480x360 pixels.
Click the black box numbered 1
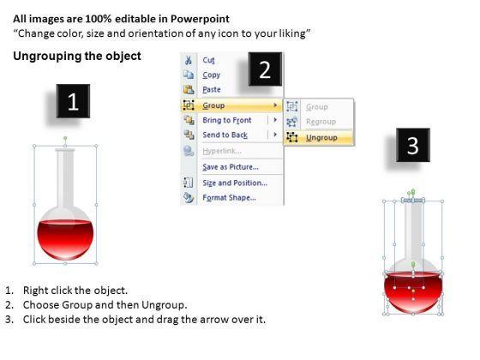point(73,101)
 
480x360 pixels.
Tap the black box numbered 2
point(265,69)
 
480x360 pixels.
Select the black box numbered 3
point(413,145)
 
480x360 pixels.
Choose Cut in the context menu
point(209,60)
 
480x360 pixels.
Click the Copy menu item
point(211,75)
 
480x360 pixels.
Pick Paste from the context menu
point(212,89)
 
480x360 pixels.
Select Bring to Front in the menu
point(227,120)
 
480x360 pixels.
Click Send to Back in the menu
point(225,135)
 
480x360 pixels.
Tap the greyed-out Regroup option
point(321,122)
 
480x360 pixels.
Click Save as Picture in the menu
point(231,167)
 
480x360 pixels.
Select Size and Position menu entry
point(235,183)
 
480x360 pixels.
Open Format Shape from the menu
point(230,198)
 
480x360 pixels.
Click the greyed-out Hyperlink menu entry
point(222,151)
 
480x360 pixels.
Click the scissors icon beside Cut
point(189,60)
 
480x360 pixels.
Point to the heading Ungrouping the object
point(77,57)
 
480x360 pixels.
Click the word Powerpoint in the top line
point(200,19)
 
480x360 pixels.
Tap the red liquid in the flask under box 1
point(65,240)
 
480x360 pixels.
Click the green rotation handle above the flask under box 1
point(65,138)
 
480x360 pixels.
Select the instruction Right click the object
point(75,291)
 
